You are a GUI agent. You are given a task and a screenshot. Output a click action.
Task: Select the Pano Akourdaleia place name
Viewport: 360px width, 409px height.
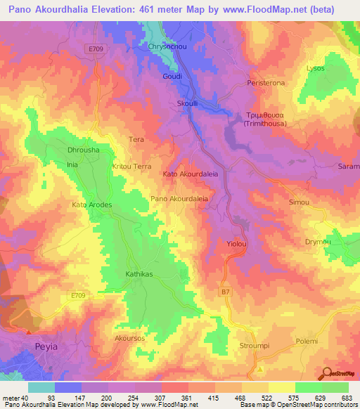179,199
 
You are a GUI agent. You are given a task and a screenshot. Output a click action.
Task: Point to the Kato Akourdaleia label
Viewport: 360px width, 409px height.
190,173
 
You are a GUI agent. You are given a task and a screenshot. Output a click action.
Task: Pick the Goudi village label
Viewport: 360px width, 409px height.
172,76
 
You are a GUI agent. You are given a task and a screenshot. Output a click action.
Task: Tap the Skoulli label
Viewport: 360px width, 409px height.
186,103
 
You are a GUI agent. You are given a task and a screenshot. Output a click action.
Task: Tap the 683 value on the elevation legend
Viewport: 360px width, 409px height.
345,398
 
